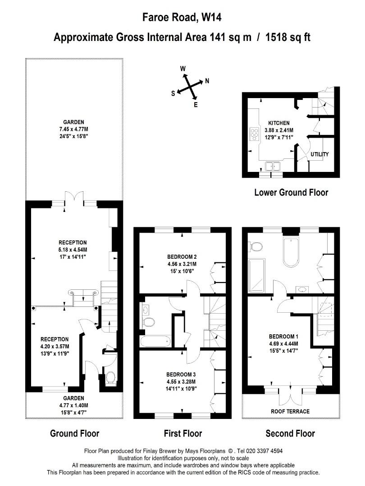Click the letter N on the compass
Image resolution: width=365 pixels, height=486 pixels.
pyautogui.click(x=207, y=81)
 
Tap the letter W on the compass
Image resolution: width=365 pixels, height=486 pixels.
pyautogui.click(x=183, y=68)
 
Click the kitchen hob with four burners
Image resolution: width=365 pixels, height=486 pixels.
pyautogui.click(x=254, y=134)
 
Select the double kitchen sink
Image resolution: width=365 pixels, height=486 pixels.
pyautogui.click(x=273, y=166)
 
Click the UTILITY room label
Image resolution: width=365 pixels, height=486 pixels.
pyautogui.click(x=319, y=154)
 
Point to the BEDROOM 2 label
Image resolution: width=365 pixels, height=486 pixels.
pyautogui.click(x=182, y=256)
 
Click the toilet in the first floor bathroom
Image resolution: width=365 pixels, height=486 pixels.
pyautogui.click(x=148, y=322)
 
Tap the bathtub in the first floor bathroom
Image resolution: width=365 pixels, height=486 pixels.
pyautogui.click(x=155, y=341)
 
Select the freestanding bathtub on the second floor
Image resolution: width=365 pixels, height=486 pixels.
pyautogui.click(x=291, y=252)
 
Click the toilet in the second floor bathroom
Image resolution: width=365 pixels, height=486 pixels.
pyautogui.click(x=256, y=247)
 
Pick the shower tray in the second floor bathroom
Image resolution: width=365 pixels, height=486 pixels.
pyautogui.click(x=257, y=275)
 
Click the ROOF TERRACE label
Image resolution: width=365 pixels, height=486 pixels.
pyautogui.click(x=290, y=411)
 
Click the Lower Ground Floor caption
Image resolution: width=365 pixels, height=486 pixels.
pyautogui.click(x=291, y=193)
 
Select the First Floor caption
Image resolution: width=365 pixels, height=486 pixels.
pyautogui.click(x=183, y=433)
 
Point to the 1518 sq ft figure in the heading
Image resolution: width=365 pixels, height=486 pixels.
pyautogui.click(x=287, y=37)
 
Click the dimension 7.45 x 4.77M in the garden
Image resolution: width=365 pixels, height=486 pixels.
pyautogui.click(x=73, y=129)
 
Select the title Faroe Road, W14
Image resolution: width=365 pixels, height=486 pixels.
pyautogui.click(x=182, y=17)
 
